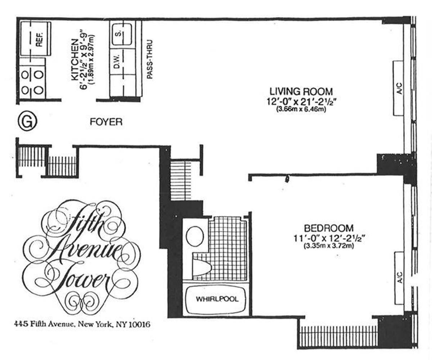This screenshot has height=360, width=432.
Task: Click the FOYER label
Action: [x=106, y=122]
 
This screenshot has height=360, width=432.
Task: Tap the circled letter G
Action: [x=27, y=122]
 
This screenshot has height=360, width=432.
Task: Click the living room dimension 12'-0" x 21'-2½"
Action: [x=301, y=101]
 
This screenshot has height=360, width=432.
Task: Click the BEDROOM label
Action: [x=329, y=228]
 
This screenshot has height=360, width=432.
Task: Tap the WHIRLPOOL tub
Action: [x=217, y=299]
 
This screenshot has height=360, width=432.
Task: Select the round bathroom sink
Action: [x=195, y=236]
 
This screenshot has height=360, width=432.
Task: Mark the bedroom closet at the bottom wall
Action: [x=338, y=336]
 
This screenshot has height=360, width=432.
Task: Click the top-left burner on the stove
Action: [x=25, y=75]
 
